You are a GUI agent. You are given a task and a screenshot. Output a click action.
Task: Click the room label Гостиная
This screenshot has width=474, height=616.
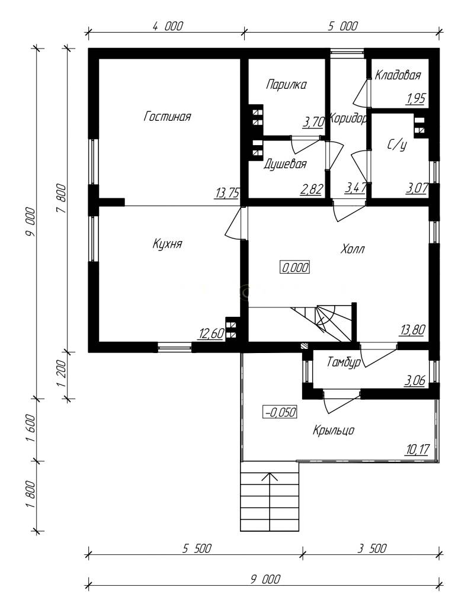coord(168,117)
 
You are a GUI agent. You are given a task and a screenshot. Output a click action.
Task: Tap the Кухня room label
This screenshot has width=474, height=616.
coord(168,244)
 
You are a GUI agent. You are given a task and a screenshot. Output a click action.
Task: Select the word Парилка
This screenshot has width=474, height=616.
coord(286,85)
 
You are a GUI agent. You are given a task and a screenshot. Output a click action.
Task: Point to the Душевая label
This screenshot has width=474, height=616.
coord(285,164)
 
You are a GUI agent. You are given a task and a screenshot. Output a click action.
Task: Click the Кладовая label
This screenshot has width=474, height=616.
coord(398,75)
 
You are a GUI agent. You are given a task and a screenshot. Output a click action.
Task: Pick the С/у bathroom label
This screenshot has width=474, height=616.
coord(397,145)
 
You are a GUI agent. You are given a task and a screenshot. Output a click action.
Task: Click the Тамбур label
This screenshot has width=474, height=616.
coord(344,362)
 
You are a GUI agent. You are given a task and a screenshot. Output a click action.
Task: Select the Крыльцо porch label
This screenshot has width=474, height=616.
coord(334,430)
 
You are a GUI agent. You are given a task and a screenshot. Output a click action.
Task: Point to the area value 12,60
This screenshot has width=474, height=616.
coord(212,334)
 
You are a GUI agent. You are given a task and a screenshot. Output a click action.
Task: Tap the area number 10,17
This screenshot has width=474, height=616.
coord(417,449)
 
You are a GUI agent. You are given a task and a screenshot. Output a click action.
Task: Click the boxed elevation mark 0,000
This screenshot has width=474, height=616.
coord(295,267)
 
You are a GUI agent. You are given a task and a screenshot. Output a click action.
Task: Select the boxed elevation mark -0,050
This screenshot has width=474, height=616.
coord(280,412)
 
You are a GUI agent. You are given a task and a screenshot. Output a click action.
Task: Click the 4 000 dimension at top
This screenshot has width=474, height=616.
coord(168,26)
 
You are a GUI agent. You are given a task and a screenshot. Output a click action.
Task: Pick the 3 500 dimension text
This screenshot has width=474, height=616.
coord(372,548)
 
